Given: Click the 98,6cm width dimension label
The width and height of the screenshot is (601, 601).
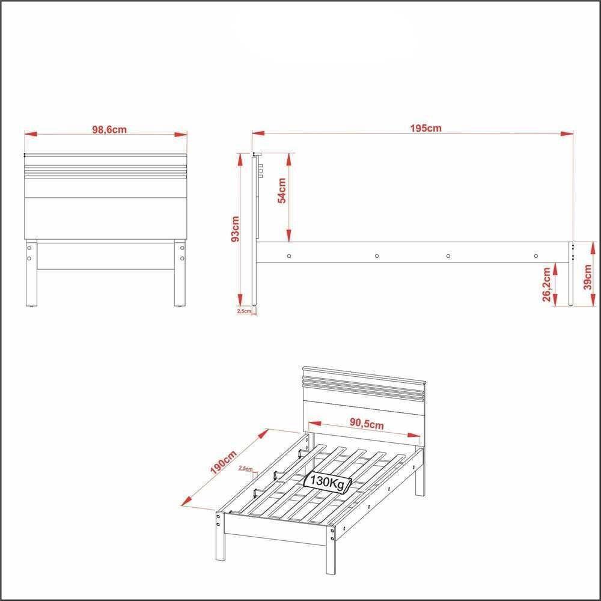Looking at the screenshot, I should [109, 129].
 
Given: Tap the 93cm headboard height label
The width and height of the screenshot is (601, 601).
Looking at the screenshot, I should [236, 228].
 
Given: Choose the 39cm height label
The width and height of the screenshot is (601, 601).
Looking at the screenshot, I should [588, 276].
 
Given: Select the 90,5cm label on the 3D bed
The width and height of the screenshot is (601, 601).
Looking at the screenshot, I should [367, 424].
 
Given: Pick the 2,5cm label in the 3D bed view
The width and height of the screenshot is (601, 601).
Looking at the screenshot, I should [245, 468].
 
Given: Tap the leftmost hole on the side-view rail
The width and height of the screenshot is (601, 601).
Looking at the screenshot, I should [289, 256].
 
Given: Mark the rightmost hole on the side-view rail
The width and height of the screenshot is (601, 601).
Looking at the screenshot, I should [535, 256].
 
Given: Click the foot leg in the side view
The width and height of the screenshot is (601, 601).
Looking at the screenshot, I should [569, 282].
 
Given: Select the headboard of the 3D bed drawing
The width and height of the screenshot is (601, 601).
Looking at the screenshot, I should [364, 391].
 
